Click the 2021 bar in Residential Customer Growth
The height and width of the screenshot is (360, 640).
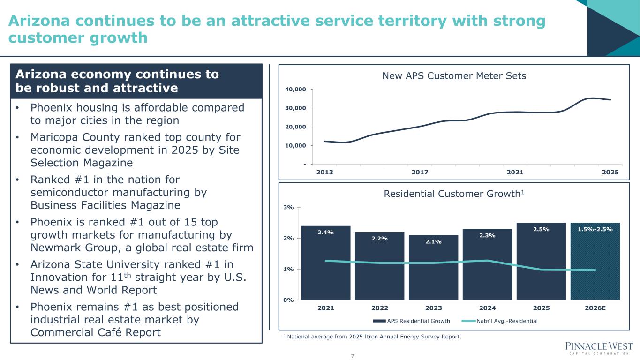pyautogui.click(x=326, y=262)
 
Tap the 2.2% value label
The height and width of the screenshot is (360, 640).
pyautogui.click(x=379, y=239)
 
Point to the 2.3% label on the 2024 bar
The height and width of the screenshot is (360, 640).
pyautogui.click(x=487, y=235)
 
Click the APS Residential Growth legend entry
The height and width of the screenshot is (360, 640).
pyautogui.click(x=412, y=321)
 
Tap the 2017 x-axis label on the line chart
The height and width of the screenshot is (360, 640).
pyautogui.click(x=420, y=172)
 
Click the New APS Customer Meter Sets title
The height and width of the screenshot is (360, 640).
pyautogui.click(x=453, y=75)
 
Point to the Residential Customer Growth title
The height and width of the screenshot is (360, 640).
pyautogui.click(x=453, y=194)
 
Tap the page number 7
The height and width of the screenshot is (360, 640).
pyautogui.click(x=353, y=356)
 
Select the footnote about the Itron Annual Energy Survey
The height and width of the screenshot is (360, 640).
pyautogui.click(x=373, y=336)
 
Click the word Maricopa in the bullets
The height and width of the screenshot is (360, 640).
pyautogui.click(x=52, y=137)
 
